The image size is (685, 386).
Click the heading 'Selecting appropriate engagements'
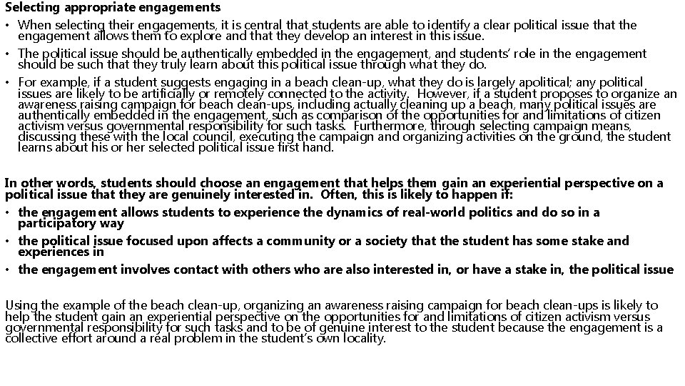pyautogui.click(x=113, y=8)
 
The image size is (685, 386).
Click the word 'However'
pyautogui.click(x=445, y=94)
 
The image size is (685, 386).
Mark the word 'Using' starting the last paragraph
pyautogui.click(x=21, y=306)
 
